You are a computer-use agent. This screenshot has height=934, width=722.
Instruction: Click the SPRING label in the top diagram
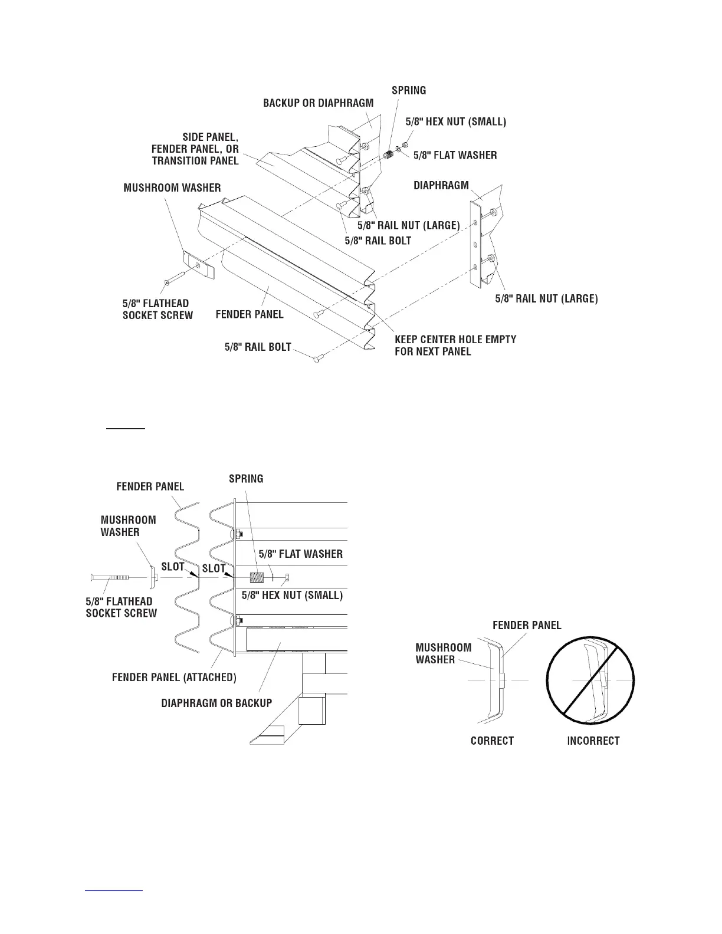409,90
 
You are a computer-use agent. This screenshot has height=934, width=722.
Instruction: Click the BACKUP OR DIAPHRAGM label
318,103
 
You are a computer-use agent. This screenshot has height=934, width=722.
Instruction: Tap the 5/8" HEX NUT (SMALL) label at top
455,122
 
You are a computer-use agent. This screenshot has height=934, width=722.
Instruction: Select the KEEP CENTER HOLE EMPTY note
455,345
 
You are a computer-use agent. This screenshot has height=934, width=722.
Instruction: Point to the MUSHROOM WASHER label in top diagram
172,188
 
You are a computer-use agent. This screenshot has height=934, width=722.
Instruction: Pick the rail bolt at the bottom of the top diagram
317,357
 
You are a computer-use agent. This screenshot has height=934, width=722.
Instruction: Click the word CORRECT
492,741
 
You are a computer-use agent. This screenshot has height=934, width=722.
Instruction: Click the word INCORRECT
593,741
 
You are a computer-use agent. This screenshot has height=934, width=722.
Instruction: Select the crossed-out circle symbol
590,680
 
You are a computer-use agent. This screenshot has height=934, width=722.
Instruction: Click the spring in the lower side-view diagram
257,577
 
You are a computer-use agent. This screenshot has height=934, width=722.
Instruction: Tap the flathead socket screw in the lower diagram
118,577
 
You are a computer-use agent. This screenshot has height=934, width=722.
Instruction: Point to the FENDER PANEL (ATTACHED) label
174,677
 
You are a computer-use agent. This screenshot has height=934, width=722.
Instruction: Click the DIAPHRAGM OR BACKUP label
216,703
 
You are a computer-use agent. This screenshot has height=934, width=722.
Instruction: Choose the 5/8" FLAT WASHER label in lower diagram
300,554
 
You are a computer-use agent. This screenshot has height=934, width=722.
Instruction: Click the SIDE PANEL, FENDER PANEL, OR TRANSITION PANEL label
195,149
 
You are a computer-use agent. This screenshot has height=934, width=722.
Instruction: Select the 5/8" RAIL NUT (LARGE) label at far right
546,298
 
